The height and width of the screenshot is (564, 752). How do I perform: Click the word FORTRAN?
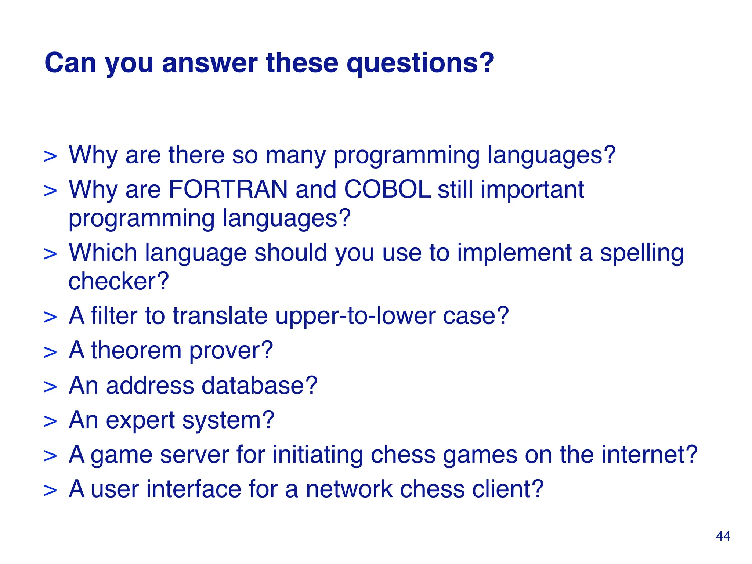[228, 189]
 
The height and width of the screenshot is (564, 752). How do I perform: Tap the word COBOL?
[387, 189]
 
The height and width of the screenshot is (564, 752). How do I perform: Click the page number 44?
[723, 536]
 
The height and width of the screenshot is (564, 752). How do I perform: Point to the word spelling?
[641, 253]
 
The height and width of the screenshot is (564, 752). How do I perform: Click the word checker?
[119, 281]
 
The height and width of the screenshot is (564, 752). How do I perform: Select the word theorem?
[136, 350]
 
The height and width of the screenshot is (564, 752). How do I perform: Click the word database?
[259, 386]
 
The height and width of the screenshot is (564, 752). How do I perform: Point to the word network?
[349, 489]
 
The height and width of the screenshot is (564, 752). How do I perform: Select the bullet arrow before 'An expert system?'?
[50, 422]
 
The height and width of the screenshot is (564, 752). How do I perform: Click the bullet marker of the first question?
[50, 156]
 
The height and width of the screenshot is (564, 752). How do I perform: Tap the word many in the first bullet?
[295, 156]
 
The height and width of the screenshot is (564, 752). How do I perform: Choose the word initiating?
[317, 455]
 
